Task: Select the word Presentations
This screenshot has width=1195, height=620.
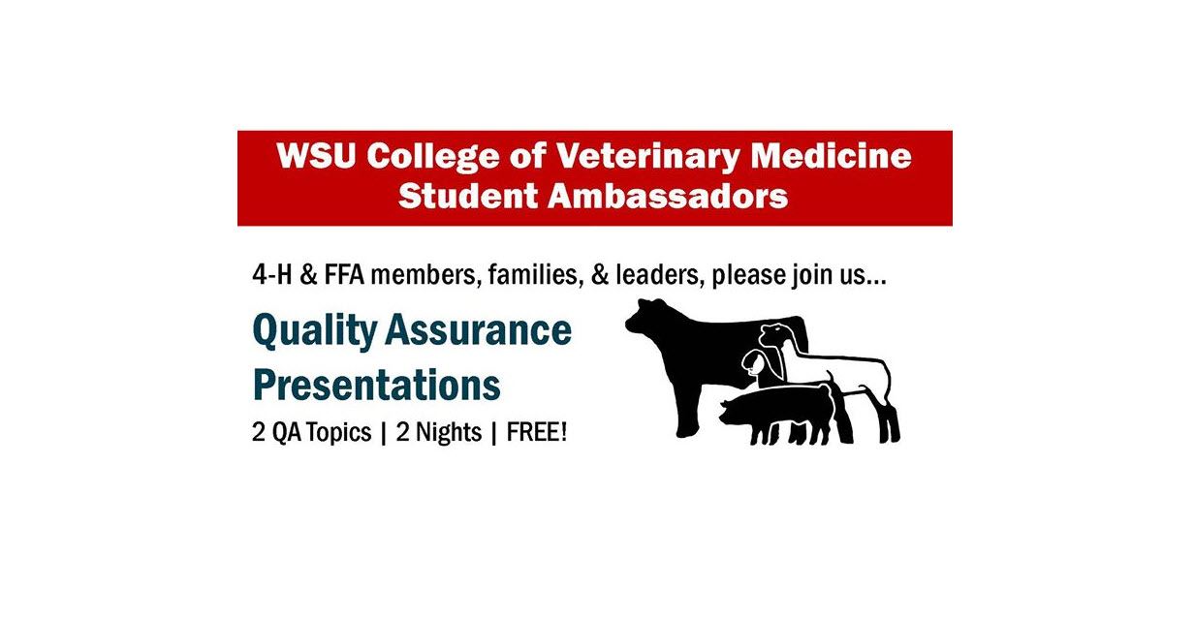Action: coord(376,386)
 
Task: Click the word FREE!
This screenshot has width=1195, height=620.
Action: coord(537,432)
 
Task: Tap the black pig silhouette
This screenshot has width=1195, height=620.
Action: coord(785,411)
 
